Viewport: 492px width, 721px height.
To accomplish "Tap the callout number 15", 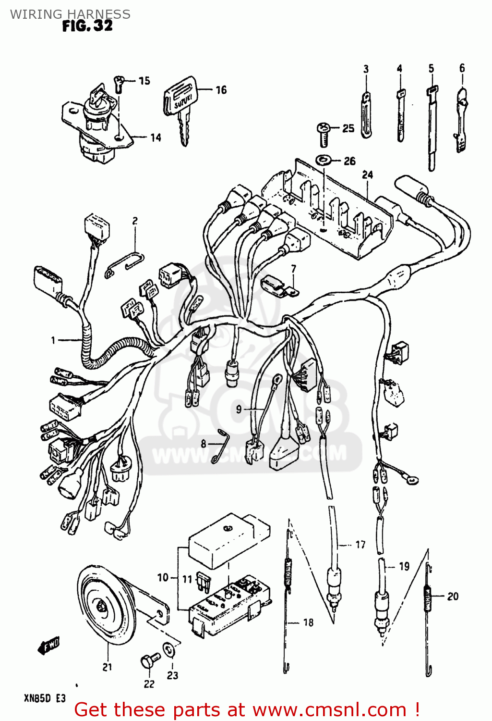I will tap(144, 81).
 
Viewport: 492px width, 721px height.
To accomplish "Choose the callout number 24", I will tap(368, 174).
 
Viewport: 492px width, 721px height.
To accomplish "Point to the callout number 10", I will tap(163, 577).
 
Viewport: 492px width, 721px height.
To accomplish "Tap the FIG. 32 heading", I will tap(87, 26).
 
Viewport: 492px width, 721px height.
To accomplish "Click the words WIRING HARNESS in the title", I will tap(70, 14).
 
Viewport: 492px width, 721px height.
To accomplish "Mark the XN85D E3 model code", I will tap(45, 698).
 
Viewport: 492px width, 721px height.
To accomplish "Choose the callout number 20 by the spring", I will tap(453, 597).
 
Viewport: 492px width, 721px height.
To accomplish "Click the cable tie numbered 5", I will tap(432, 127).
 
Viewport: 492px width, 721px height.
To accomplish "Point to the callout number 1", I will tap(53, 340).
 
